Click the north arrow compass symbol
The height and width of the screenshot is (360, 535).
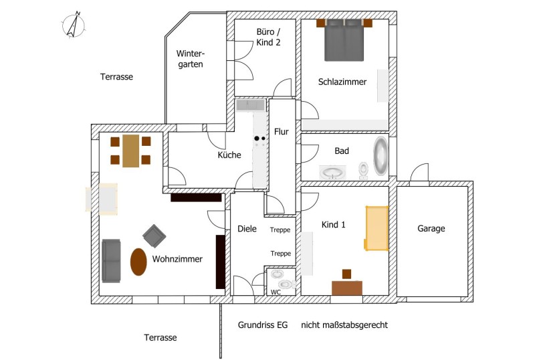pos(74,25)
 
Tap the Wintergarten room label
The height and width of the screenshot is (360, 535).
pos(191,59)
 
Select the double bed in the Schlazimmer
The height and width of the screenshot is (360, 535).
pos(344,40)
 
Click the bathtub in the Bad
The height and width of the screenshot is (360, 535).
pos(381,156)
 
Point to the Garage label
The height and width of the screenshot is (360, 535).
pos(431,228)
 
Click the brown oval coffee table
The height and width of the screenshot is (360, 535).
pos(138,262)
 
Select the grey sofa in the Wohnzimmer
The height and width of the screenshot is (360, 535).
pos(111,261)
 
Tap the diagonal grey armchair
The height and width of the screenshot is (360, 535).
pos(154,236)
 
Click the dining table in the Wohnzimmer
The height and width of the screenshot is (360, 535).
pos(130,151)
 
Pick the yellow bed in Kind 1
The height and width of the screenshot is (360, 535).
pos(377,228)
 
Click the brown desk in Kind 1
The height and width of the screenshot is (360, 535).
pos(347,288)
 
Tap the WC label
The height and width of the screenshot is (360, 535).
pos(276,292)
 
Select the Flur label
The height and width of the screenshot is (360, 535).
pos(282,132)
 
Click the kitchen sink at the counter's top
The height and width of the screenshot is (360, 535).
pos(250,105)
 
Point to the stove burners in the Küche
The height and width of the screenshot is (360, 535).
pos(259,139)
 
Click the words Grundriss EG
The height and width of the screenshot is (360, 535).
pos(263,325)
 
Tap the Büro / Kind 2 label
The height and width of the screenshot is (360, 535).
pos(269,37)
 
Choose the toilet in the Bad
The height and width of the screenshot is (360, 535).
pos(363,171)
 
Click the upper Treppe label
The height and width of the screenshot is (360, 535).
pos(280,230)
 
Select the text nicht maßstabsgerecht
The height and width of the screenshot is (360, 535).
pos(344,325)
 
